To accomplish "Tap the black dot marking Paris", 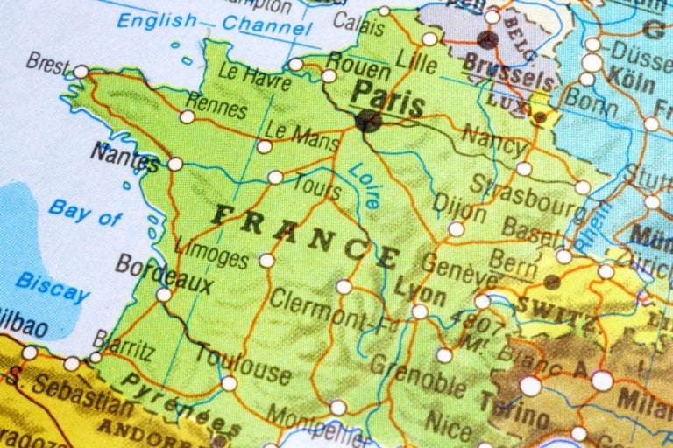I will tap(368, 121).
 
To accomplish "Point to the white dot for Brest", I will tap(81, 71).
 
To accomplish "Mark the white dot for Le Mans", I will tap(264, 146).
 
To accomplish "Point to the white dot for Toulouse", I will tap(229, 383).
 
